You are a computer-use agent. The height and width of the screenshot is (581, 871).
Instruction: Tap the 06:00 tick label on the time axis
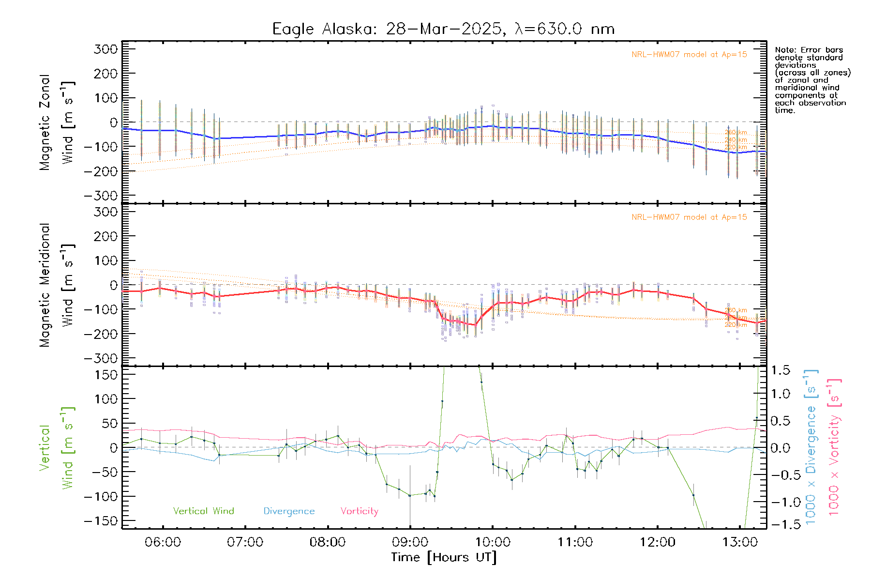(x=163, y=542)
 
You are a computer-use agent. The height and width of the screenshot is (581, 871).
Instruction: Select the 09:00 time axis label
(x=410, y=542)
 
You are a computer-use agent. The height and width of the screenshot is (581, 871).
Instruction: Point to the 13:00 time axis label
(x=740, y=542)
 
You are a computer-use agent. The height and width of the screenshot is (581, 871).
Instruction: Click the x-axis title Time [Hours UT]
(x=444, y=557)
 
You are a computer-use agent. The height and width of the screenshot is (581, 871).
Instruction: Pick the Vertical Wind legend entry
(x=203, y=511)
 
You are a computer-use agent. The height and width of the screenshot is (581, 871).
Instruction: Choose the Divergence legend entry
(x=289, y=511)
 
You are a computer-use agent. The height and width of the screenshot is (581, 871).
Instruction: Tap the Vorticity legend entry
(x=359, y=511)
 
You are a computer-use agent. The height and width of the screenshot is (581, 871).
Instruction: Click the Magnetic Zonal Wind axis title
(x=57, y=122)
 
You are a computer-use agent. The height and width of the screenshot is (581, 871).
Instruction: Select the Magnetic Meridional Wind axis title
(x=57, y=285)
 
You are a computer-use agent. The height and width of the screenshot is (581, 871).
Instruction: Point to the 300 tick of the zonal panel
(x=106, y=49)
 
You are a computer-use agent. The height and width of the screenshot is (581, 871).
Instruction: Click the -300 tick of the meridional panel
(x=101, y=358)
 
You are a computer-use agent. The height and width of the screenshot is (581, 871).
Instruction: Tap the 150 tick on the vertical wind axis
(x=106, y=375)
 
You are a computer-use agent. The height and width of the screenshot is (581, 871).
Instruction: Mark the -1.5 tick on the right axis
(x=780, y=524)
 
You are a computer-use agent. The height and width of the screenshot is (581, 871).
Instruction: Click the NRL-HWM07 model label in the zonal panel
(x=689, y=55)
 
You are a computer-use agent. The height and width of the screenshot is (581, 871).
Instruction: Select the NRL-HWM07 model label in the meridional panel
(x=689, y=217)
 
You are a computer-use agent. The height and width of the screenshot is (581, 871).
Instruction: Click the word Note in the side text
(x=784, y=50)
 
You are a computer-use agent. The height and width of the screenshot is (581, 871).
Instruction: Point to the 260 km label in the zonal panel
(x=736, y=132)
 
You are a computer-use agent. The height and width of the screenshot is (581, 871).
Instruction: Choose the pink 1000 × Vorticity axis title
(x=834, y=446)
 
